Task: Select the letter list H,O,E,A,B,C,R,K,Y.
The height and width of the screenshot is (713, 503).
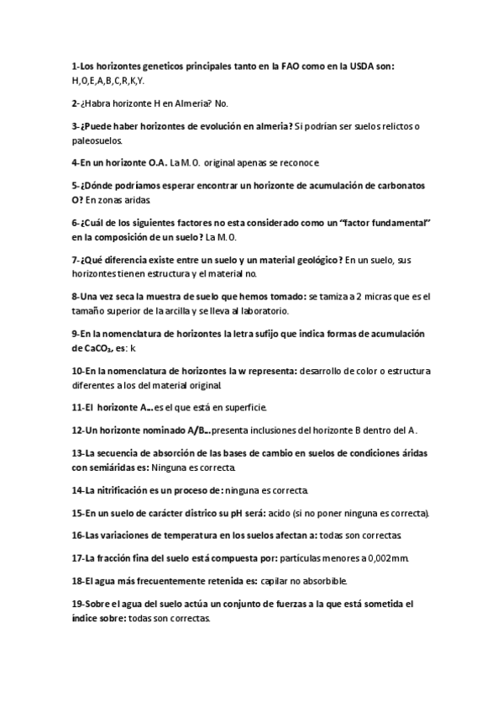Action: (x=108, y=81)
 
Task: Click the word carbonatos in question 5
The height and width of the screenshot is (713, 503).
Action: (x=395, y=184)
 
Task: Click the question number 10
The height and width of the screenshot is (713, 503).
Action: (x=77, y=371)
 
